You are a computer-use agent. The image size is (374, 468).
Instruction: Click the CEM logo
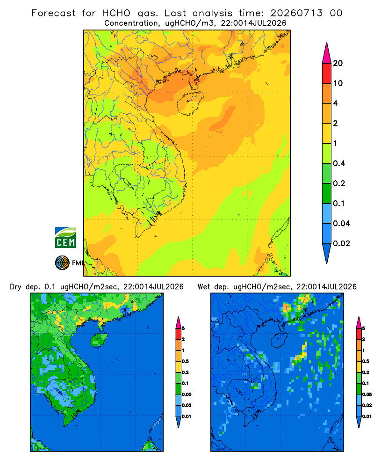[65, 238]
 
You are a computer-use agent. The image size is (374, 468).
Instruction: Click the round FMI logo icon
[62, 263]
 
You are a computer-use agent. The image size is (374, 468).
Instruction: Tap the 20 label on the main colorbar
[338, 63]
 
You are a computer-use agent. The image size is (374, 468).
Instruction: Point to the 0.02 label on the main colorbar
[341, 243]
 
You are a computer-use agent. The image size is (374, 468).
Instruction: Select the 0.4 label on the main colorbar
[339, 163]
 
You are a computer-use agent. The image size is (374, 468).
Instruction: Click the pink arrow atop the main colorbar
[327, 53]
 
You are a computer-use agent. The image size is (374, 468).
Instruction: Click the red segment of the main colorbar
[327, 73]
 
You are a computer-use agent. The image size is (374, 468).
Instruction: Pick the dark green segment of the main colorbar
[327, 193]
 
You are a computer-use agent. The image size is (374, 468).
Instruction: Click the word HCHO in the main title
[116, 13]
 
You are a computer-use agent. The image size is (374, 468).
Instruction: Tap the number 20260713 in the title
[296, 13]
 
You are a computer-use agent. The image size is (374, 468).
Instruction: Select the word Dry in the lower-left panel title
[16, 287]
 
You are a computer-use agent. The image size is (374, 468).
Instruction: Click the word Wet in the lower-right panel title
[204, 287]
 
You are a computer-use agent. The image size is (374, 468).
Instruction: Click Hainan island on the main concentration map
[190, 103]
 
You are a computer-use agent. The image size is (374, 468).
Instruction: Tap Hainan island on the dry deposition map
[99, 340]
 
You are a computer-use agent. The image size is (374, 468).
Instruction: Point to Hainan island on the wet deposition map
[280, 340]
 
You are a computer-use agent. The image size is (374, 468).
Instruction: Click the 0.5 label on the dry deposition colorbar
[185, 361]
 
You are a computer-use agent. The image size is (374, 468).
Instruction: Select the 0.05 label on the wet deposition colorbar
[367, 395]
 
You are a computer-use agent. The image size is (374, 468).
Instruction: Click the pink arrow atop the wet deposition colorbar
[359, 322]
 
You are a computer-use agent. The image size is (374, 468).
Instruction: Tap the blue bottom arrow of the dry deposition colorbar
[178, 422]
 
